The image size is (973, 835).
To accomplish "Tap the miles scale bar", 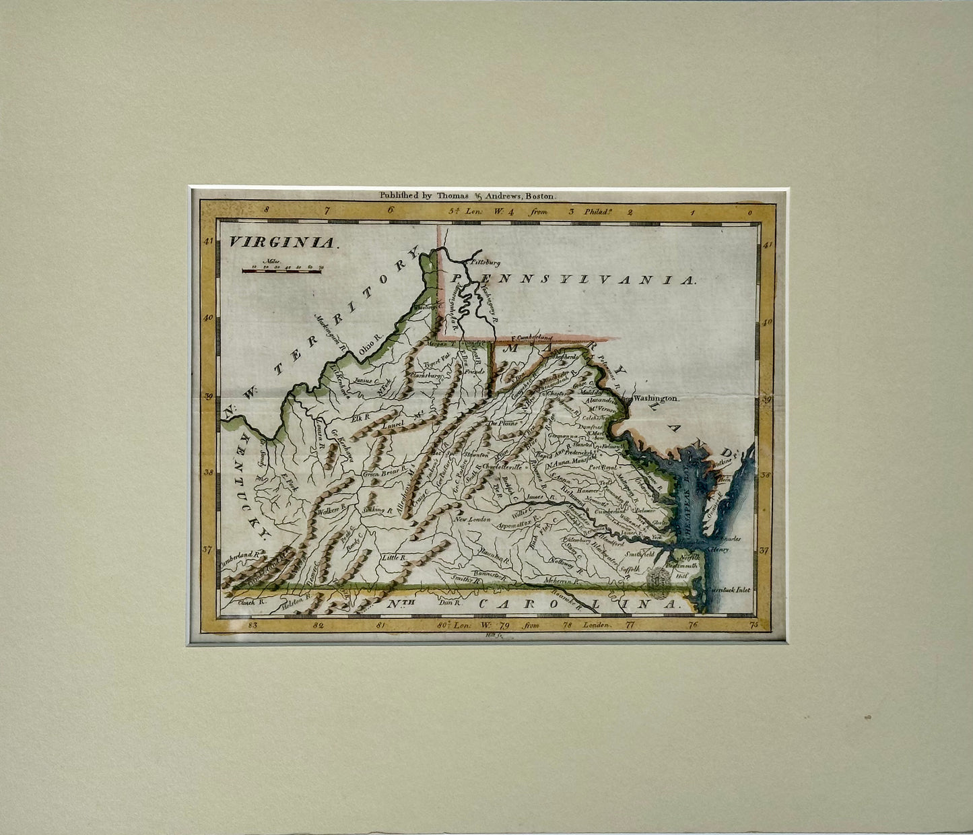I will (x=281, y=271).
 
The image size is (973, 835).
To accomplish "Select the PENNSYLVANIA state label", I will (x=572, y=279).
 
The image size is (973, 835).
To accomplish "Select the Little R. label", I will (x=394, y=558).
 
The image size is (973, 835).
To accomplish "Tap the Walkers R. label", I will (x=335, y=510).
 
